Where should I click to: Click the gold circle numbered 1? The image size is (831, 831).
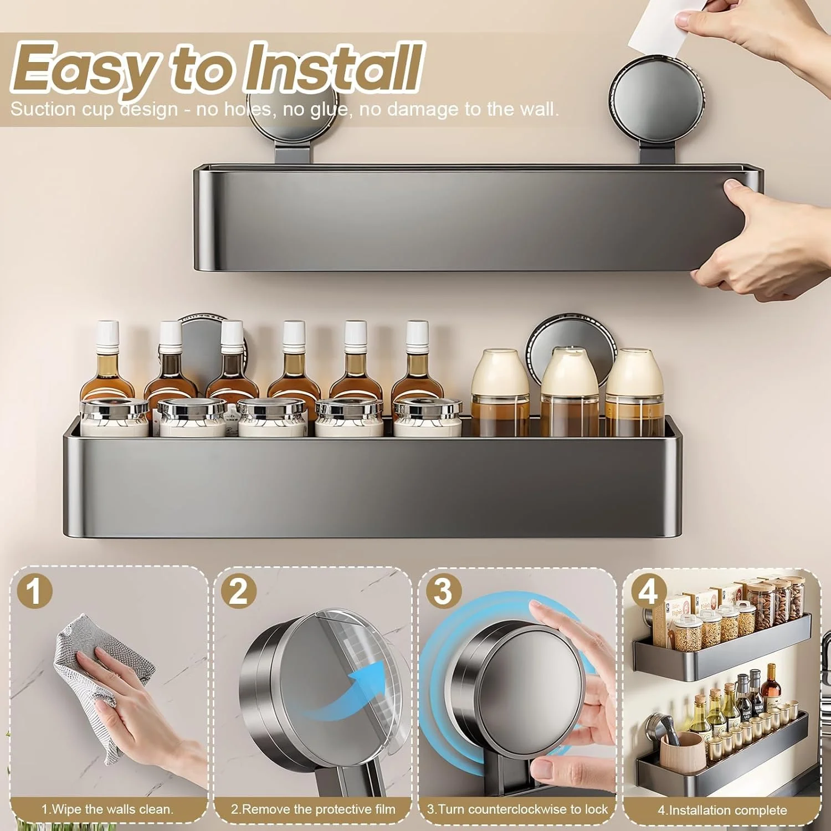tap(34, 591)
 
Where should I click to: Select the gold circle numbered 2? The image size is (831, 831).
tap(239, 591)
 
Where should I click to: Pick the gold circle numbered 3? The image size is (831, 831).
tap(443, 591)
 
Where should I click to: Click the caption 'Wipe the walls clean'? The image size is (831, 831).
tap(107, 809)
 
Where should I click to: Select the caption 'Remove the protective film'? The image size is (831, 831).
tap(313, 809)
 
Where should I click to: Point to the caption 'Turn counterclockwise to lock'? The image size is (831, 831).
tap(517, 809)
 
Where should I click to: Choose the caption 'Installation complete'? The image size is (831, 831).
tap(722, 811)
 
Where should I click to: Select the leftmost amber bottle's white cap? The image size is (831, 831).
tap(107, 333)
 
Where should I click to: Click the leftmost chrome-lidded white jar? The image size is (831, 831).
tap(115, 416)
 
